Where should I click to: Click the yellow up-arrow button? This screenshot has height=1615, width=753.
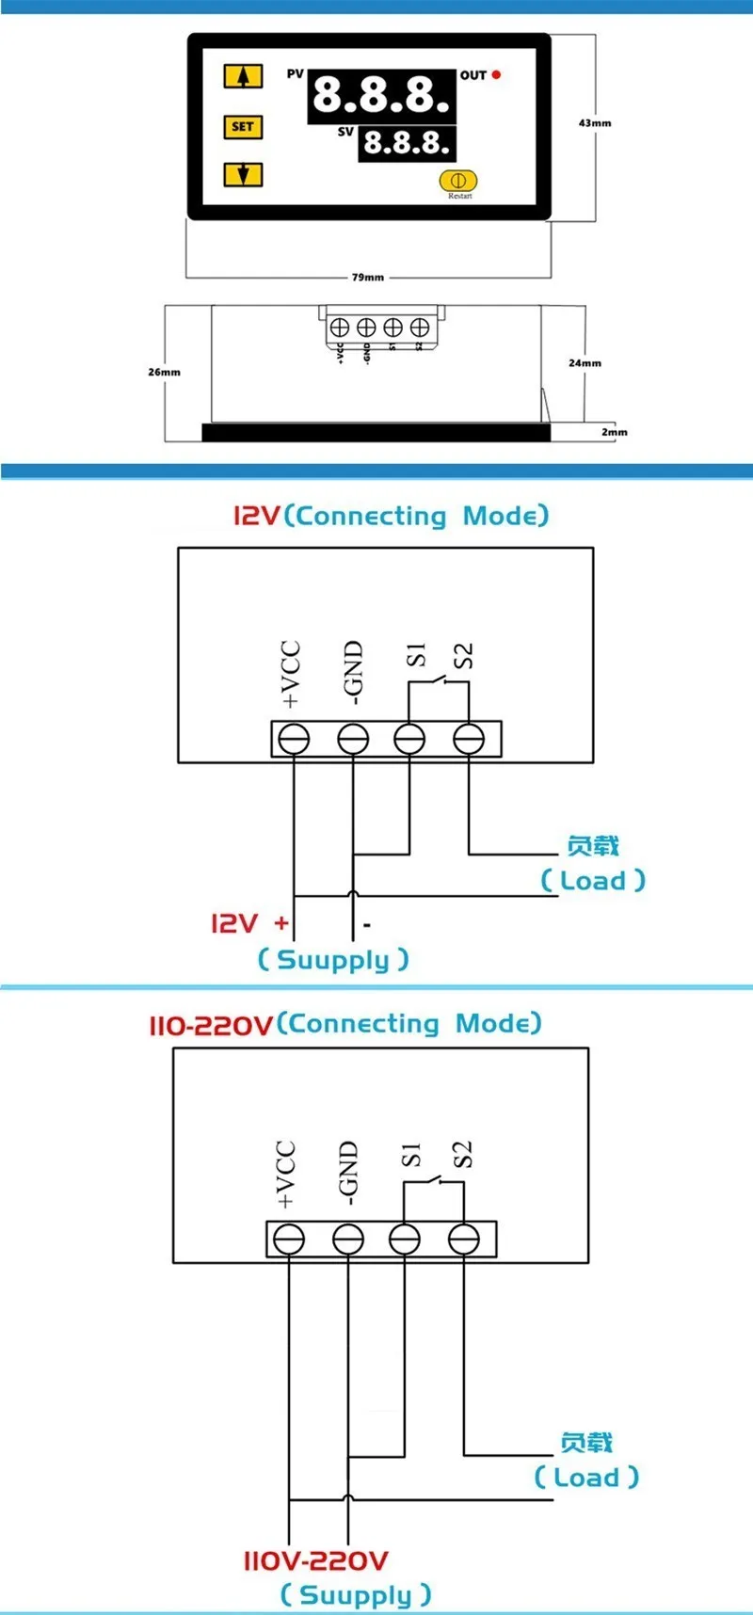[x=243, y=76]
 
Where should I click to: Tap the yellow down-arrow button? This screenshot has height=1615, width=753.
[x=243, y=174]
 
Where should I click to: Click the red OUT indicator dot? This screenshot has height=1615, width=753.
[x=496, y=74]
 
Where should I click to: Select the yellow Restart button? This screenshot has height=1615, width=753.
[x=458, y=180]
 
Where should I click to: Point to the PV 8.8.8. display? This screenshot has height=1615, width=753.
[x=381, y=95]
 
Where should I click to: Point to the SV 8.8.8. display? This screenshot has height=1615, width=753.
[x=407, y=143]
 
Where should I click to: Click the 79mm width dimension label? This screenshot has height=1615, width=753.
[x=368, y=278]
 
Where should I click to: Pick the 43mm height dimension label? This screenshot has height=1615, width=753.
[x=595, y=123]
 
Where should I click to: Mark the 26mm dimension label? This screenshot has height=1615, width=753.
[x=164, y=372]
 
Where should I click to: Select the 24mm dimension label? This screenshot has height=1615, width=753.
[x=585, y=363]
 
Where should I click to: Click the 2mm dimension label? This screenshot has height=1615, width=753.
[x=615, y=432]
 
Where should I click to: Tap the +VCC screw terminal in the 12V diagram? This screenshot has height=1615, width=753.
[x=295, y=739]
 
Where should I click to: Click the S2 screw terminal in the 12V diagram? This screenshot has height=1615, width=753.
[x=469, y=739]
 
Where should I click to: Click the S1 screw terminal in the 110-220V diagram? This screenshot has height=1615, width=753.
[x=405, y=1239]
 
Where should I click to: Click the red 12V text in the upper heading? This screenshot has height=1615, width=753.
[x=257, y=516]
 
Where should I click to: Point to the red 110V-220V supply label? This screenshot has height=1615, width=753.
[x=315, y=1560]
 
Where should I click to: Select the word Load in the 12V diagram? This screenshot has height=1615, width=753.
[x=592, y=881]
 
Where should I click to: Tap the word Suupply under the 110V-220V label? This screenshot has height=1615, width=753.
[x=356, y=1594]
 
